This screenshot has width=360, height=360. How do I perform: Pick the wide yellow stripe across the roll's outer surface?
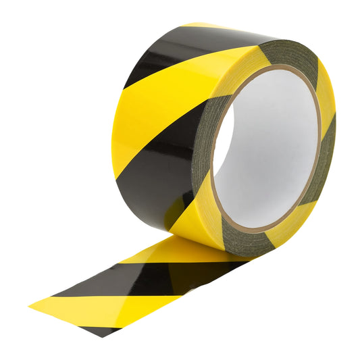tap(162, 108)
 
